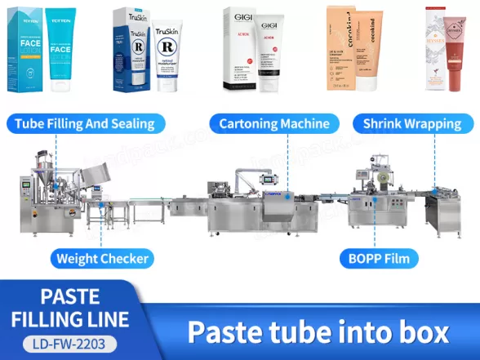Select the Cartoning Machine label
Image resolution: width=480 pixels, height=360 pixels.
point(274,124)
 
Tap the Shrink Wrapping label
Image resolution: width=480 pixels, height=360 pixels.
point(413,124)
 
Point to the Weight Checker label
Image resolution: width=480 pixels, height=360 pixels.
point(102,260)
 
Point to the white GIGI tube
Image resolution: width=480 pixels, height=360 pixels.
point(270,51)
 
